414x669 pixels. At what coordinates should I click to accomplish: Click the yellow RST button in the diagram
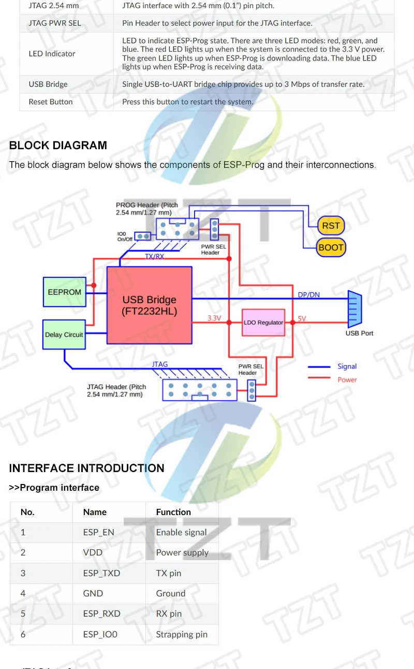(x=331, y=225)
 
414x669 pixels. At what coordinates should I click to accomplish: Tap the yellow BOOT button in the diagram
(x=331, y=247)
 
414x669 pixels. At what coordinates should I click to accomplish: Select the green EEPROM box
(x=64, y=292)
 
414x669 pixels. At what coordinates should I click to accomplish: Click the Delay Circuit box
(x=64, y=334)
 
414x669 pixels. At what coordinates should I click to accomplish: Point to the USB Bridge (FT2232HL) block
(x=149, y=305)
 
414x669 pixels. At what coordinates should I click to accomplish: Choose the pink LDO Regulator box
(x=263, y=322)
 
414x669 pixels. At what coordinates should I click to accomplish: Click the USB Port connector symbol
(x=354, y=309)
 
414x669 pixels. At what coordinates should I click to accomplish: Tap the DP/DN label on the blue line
(x=308, y=295)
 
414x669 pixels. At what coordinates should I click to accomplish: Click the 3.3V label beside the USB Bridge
(x=214, y=318)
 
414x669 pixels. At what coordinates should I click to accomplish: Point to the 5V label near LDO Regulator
(x=302, y=319)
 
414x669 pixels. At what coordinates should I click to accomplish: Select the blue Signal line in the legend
(x=319, y=366)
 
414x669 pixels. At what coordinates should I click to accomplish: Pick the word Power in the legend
(x=347, y=380)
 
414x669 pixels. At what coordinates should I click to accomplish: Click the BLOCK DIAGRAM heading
(x=58, y=146)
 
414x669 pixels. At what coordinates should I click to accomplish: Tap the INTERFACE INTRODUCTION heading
(x=86, y=468)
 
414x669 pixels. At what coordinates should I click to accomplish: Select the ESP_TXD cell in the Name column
(x=101, y=573)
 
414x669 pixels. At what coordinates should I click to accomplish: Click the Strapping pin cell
(x=182, y=634)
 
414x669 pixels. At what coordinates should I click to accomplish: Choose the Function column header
(x=173, y=512)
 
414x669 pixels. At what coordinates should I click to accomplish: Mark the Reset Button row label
(x=51, y=102)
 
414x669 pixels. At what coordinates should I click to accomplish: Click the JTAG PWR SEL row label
(x=55, y=23)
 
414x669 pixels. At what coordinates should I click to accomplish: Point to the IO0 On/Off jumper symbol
(x=143, y=236)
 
